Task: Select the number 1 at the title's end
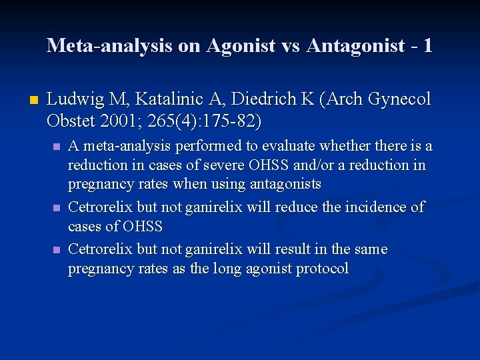click(x=427, y=45)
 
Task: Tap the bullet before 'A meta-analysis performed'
click(x=56, y=147)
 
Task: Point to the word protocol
click(x=321, y=269)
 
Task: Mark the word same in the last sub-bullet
click(x=371, y=249)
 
